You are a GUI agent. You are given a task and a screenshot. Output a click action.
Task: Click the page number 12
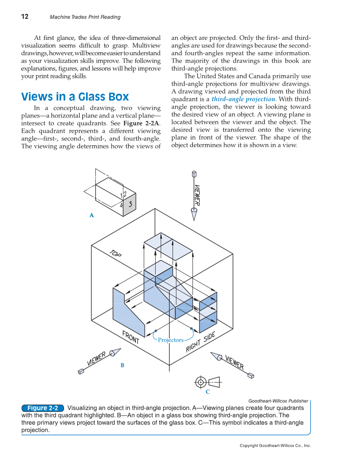[x=25, y=17]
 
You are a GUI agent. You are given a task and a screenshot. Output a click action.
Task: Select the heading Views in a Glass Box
[x=75, y=97]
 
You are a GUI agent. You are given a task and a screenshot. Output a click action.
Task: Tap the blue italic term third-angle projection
[x=243, y=99]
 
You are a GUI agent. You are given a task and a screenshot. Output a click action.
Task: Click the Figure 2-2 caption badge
[x=42, y=408]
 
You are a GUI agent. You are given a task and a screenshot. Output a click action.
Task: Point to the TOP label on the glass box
[x=115, y=253]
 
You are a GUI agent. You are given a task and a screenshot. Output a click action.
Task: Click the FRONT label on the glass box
[x=131, y=337]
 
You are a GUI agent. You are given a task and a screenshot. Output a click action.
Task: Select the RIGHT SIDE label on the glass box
[x=201, y=342]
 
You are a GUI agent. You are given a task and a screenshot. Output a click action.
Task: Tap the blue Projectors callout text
[x=170, y=340]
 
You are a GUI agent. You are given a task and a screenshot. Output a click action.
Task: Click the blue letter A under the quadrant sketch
[x=91, y=215]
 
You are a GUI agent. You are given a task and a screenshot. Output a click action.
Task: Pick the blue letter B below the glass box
[x=122, y=365]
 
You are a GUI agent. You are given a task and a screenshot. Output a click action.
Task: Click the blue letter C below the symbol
[x=208, y=391]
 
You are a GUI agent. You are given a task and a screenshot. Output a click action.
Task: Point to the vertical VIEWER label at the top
[x=197, y=195]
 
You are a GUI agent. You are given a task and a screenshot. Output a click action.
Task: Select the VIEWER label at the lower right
[x=234, y=362]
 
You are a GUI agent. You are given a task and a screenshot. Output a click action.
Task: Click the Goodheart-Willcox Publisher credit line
[x=278, y=401]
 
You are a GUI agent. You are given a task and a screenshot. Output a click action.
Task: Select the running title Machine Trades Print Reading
[x=85, y=17]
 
